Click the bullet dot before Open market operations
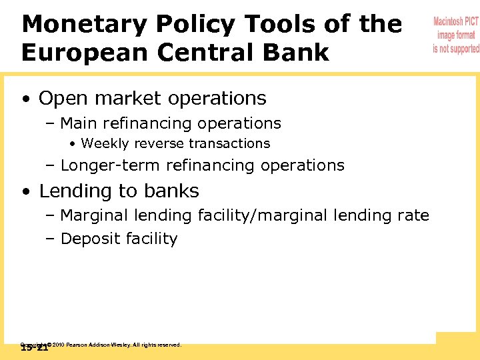(25, 99)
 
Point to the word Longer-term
(111, 165)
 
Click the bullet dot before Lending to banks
(25, 192)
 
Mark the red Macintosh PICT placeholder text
(455, 35)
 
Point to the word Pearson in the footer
(77, 345)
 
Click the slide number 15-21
(34, 348)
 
